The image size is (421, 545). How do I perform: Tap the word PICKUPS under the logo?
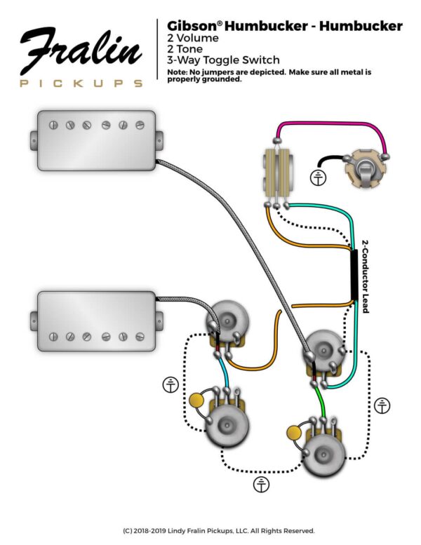[81, 83]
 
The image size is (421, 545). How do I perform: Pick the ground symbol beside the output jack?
[319, 178]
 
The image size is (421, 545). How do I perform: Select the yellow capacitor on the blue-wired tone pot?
[196, 401]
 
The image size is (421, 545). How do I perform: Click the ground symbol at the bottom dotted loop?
[261, 483]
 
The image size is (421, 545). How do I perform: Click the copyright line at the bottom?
[210, 530]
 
